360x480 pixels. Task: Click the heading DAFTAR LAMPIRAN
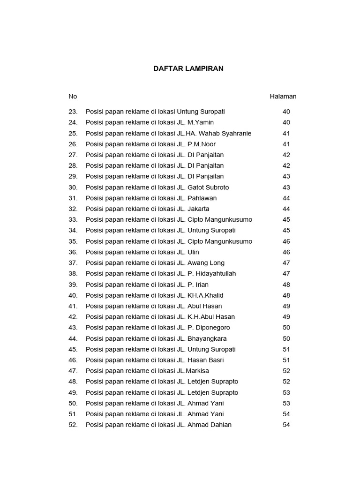click(x=188, y=68)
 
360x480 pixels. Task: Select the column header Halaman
click(x=283, y=97)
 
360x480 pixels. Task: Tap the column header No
click(x=73, y=97)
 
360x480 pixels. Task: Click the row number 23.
click(x=73, y=112)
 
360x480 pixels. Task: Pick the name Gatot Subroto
click(x=208, y=187)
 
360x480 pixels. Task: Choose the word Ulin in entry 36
click(x=193, y=252)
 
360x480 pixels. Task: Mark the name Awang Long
click(x=206, y=263)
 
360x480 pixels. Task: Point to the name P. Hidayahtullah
click(x=211, y=274)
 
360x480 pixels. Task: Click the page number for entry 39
click(x=286, y=285)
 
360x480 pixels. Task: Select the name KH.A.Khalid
click(x=205, y=295)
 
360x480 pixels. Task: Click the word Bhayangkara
click(x=207, y=338)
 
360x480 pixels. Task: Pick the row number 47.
click(x=73, y=371)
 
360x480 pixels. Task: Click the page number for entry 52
click(x=286, y=425)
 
